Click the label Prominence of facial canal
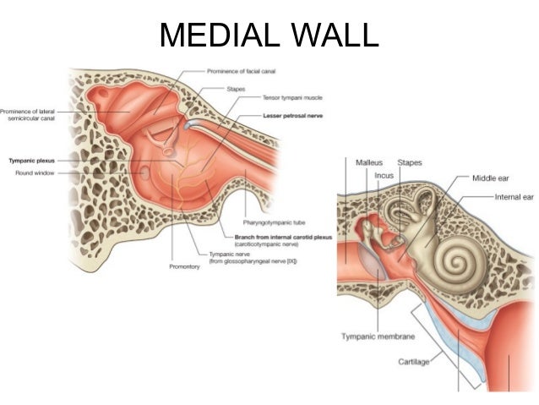pos(241,71)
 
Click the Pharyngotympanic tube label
pos(272,222)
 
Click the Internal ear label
pos(514,196)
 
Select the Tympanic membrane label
pos(377,337)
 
